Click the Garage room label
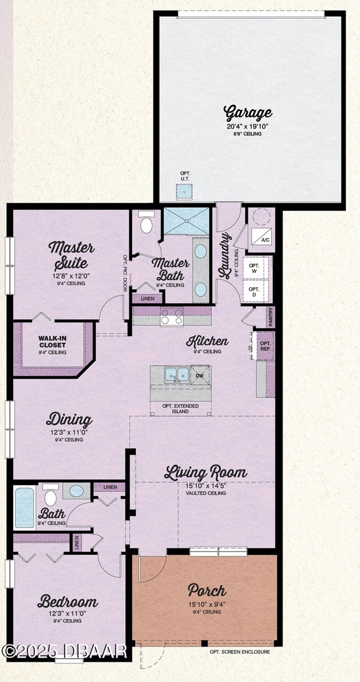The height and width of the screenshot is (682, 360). click(248, 112)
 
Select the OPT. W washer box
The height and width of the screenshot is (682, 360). click(254, 268)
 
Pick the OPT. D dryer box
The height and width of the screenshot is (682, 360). click(254, 292)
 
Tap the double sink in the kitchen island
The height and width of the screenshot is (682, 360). click(177, 375)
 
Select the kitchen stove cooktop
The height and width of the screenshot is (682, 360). click(172, 317)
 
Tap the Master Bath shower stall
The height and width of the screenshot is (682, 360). click(187, 222)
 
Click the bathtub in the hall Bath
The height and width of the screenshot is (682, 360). click(24, 507)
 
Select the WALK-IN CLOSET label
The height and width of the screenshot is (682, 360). click(52, 345)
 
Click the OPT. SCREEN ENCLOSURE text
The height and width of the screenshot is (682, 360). click(240, 652)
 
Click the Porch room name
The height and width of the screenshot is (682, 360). click(207, 589)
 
